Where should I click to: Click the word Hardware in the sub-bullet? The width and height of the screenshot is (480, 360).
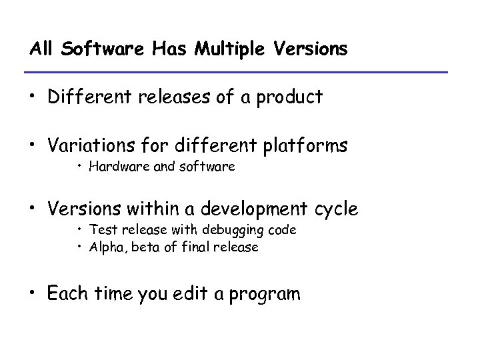coord(114,167)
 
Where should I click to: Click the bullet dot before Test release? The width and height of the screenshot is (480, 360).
coord(79,231)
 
